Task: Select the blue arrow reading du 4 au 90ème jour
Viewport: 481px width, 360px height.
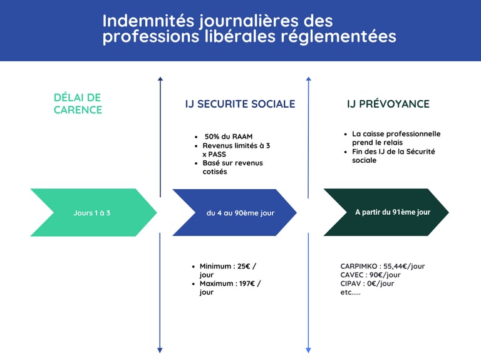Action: click(x=240, y=213)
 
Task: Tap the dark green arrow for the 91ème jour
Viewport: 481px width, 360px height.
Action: click(x=392, y=212)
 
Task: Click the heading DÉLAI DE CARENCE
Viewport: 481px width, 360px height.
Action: click(x=78, y=104)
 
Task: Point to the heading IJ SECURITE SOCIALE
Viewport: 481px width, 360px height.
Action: click(x=240, y=104)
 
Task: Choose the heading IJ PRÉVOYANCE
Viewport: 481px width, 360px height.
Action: click(x=388, y=104)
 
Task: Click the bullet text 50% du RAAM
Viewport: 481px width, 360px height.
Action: click(x=229, y=136)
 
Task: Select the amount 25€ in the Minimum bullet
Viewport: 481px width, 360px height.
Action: click(x=244, y=266)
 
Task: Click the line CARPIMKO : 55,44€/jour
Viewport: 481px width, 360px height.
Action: click(x=382, y=266)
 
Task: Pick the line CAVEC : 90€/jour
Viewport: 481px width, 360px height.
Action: click(x=370, y=275)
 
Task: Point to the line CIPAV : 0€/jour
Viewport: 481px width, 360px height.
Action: click(x=367, y=284)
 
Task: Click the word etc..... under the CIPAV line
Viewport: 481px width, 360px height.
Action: click(x=350, y=292)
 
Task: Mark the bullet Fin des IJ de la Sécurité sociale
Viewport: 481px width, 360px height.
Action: click(x=393, y=156)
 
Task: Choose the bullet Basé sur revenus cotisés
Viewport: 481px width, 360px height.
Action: click(x=232, y=167)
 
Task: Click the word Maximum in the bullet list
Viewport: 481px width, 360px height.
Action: click(x=217, y=284)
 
